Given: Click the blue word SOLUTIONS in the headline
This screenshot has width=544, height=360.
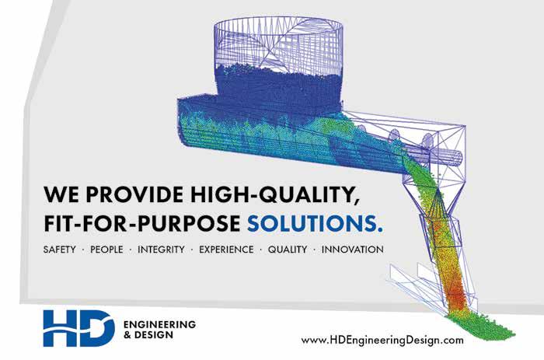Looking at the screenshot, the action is point(315,223).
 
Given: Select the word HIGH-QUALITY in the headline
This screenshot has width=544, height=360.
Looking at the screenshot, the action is point(275,195).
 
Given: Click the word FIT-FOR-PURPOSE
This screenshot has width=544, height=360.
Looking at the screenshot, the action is point(142,223).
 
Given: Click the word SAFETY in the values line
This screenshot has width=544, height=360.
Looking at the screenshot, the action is point(60,250).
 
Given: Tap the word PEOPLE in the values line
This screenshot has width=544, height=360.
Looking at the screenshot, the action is point(106,250).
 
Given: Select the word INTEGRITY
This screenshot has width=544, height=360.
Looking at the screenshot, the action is point(161,250).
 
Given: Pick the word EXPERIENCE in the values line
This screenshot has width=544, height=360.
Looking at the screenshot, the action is point(226,250).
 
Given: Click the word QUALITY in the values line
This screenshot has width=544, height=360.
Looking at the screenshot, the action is point(288,250).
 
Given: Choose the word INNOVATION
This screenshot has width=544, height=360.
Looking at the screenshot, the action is point(353,250).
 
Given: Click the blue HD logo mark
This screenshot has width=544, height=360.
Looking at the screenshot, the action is point(78,328).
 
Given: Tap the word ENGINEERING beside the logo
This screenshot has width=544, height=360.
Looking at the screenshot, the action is point(159,324).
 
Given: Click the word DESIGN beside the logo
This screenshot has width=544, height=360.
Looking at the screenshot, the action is point(153,334).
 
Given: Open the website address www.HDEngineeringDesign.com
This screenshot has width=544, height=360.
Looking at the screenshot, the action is point(382,340).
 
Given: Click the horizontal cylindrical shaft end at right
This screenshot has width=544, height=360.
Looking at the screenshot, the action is point(457,158).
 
